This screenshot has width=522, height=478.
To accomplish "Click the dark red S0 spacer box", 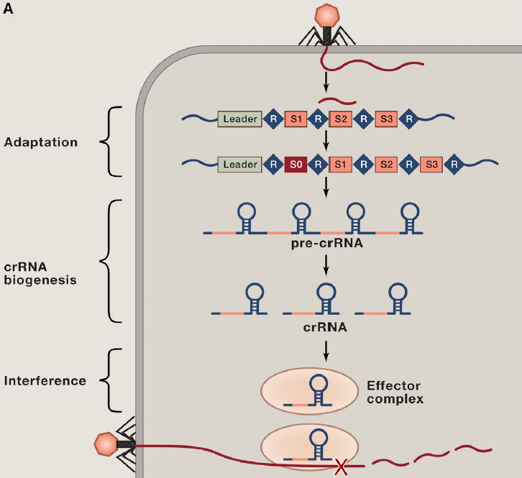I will coord(293,165).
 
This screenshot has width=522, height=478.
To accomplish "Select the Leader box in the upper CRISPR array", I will coord(239,119).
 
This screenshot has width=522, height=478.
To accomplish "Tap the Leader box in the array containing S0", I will coord(239,165).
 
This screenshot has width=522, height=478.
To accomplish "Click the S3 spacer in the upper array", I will coord(387,119).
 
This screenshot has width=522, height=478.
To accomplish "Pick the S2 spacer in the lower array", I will coord(386,165).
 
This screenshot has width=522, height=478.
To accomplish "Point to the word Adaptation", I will coord(41,142).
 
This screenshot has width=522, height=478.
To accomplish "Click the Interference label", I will coord(45,380).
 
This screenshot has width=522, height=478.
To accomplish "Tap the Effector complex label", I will coord(395,392).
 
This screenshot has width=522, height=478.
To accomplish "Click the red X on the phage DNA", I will coord(341,468).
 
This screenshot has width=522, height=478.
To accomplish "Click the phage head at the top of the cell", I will coord(328,15).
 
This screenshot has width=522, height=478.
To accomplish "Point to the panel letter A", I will coord(9,9).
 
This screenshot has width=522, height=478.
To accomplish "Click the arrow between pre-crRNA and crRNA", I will coord(327,264).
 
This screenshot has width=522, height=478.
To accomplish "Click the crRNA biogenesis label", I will coord(40,273).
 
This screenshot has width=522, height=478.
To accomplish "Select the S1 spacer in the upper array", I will coord(296,119).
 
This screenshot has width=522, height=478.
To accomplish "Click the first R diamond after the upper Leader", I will coord(273,119).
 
